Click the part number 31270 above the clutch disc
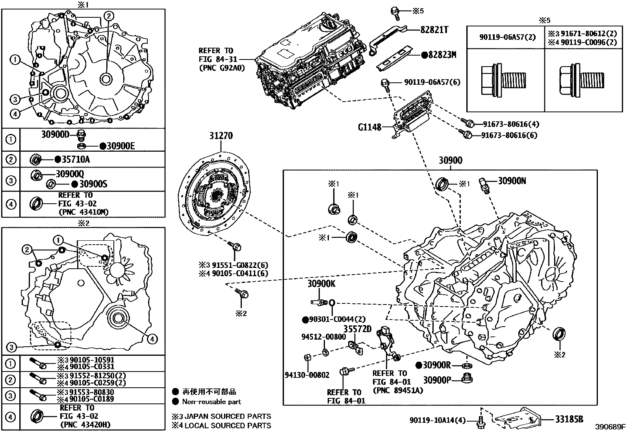click(221, 136)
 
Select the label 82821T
click(434, 30)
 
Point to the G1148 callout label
click(369, 127)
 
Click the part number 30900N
click(512, 181)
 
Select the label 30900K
click(321, 284)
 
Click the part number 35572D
click(357, 329)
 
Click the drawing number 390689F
click(610, 427)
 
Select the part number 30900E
click(121, 147)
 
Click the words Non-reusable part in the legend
click(211, 402)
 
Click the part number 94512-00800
click(324, 337)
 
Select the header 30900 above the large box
click(451, 161)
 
